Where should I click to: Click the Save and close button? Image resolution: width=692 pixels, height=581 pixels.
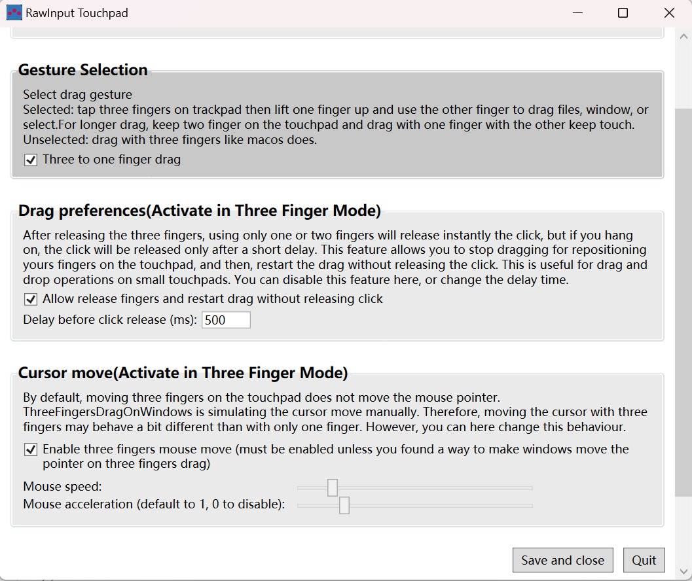coord(562,560)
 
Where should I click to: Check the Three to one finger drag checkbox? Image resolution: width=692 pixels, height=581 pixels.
coord(31,160)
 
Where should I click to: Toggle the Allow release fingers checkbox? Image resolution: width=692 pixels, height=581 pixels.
coord(31,299)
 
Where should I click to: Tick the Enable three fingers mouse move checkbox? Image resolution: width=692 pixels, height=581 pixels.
coord(31,449)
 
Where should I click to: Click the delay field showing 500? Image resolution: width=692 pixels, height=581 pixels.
coord(226,320)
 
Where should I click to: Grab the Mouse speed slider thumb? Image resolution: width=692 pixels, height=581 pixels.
coord(333,487)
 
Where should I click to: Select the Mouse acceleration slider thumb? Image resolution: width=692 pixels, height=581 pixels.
coord(344,505)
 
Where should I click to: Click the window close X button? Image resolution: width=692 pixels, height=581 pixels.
coord(669,13)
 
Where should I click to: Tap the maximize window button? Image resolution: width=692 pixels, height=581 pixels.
coord(623,13)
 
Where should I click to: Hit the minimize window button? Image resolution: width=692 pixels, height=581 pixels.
coord(577,13)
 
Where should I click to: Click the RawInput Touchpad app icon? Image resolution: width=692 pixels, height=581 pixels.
coord(14,13)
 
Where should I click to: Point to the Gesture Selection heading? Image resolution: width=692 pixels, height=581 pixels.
coord(82,70)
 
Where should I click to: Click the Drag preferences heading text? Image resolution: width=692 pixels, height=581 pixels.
coord(199,211)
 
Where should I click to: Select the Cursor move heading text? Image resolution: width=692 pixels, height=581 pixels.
coord(183,373)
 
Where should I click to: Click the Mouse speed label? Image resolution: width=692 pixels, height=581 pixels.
coord(62,487)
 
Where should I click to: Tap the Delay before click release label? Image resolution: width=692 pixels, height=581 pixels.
coord(109,320)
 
